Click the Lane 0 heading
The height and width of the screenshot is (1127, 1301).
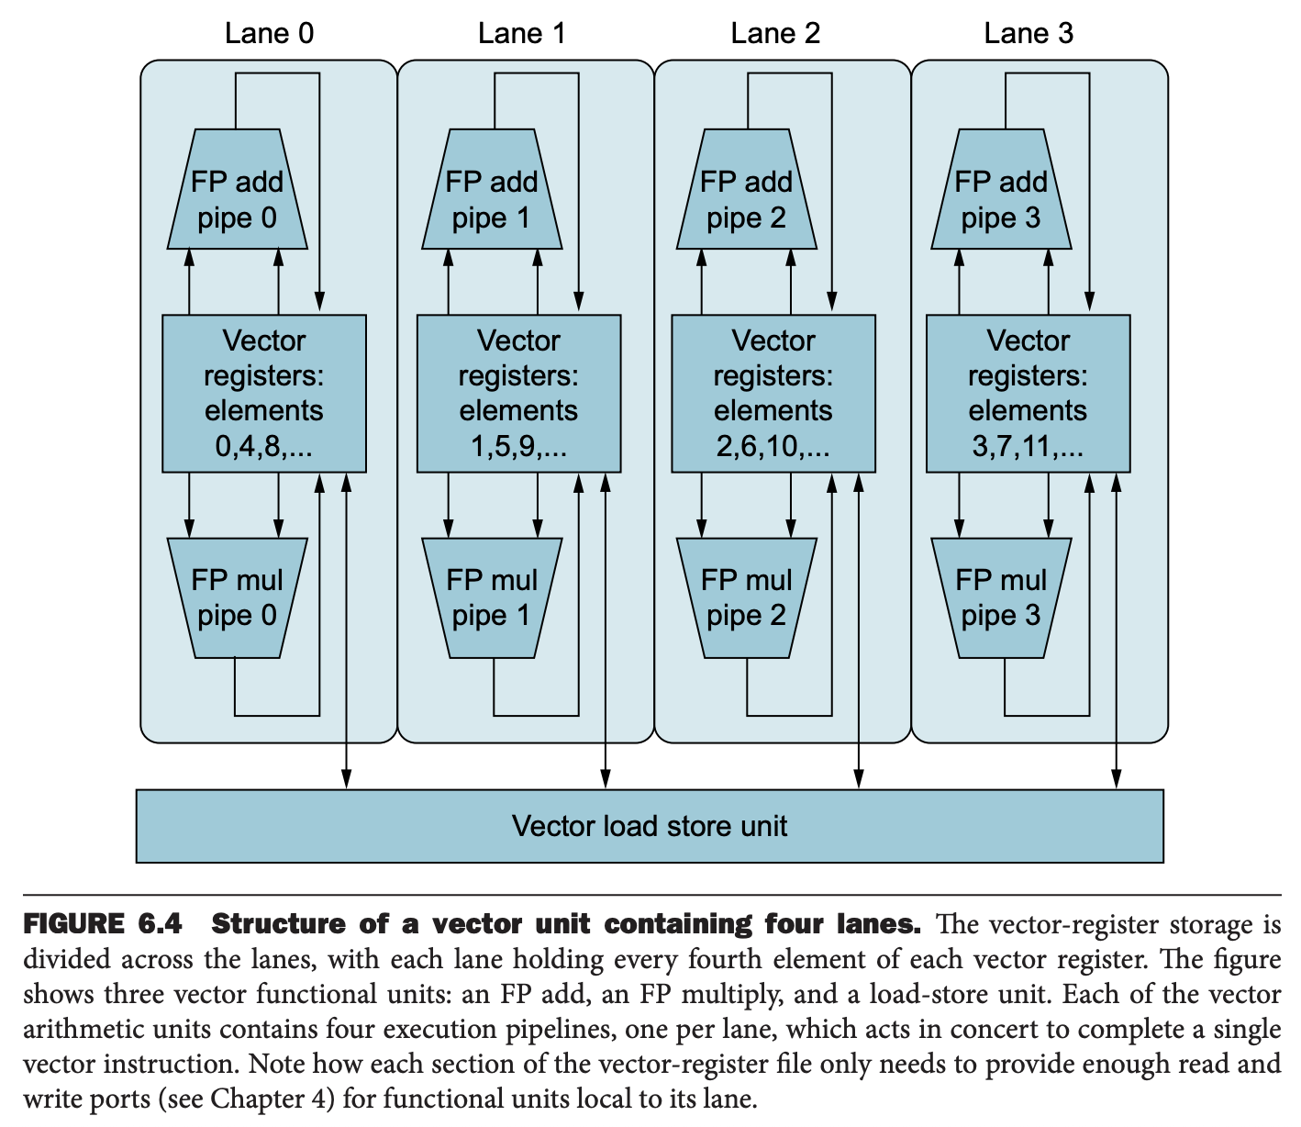269,33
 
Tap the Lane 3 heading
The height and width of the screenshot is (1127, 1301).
1028,33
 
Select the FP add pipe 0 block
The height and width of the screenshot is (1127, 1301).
238,189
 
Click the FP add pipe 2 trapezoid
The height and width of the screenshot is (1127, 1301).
747,189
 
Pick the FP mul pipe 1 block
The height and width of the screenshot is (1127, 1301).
492,597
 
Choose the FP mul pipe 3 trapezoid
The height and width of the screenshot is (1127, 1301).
1001,597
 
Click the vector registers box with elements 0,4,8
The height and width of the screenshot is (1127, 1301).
264,394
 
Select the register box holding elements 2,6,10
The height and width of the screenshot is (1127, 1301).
773,394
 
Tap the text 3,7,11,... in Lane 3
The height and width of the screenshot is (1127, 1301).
1028,446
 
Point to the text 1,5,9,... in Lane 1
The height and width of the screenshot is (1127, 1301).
518,446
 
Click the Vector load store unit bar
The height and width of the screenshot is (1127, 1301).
650,826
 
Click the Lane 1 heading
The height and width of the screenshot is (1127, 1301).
522,33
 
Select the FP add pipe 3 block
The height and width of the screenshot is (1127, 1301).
1001,189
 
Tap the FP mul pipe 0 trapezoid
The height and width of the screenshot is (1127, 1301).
238,597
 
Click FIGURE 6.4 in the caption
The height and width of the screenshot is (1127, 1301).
103,924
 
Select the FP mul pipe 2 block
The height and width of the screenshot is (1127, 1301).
747,597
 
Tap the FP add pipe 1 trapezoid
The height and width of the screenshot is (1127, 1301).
492,189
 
